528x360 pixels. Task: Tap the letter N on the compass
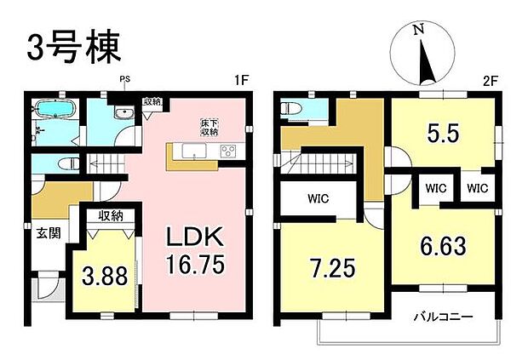click(417, 31)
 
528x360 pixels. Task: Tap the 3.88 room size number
click(105, 275)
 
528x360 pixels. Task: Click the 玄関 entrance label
click(48, 233)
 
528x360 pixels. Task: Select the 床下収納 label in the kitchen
click(210, 127)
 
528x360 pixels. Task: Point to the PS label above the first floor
click(124, 82)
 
